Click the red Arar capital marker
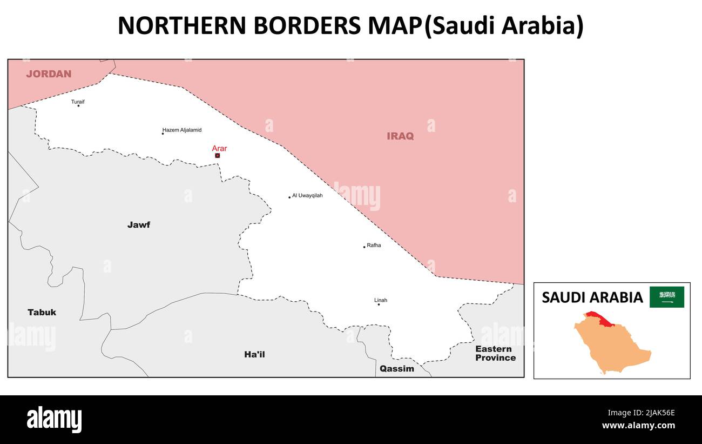pyautogui.click(x=217, y=156)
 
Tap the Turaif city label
pyautogui.click(x=78, y=102)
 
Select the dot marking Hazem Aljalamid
pyautogui.click(x=163, y=134)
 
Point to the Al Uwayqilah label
pyautogui.click(x=307, y=196)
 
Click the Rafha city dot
pyautogui.click(x=364, y=247)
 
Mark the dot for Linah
pyautogui.click(x=379, y=304)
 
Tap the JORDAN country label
pyautogui.click(x=49, y=74)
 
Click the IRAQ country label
pyautogui.click(x=400, y=136)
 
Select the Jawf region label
pyautogui.click(x=139, y=225)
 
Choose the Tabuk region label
pyautogui.click(x=42, y=313)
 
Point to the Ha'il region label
pyautogui.click(x=254, y=355)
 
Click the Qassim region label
pyautogui.click(x=396, y=369)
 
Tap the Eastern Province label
pyautogui.click(x=495, y=353)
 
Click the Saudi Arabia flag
pyautogui.click(x=666, y=297)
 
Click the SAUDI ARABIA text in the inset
pyautogui.click(x=592, y=297)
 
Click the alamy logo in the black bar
pyautogui.click(x=55, y=420)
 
